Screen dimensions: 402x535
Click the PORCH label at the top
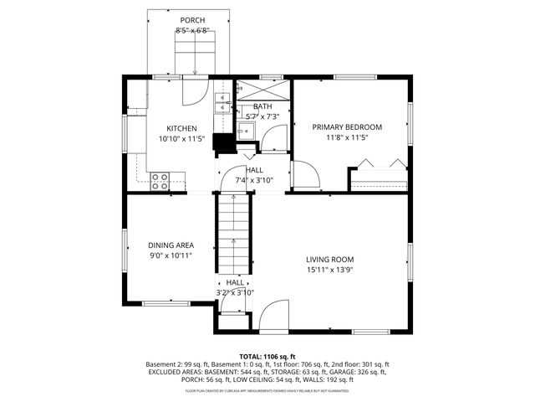click(192, 20)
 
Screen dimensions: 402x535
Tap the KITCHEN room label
click(181, 128)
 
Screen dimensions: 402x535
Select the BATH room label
click(262, 106)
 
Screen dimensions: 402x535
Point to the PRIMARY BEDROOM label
click(347, 127)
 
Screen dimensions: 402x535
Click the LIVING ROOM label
click(329, 260)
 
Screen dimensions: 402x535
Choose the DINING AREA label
click(171, 245)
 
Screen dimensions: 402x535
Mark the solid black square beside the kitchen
click(223, 142)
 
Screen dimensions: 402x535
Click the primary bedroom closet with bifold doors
click(379, 180)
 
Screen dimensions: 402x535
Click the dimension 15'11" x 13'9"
click(329, 270)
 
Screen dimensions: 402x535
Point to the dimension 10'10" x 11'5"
click(181, 139)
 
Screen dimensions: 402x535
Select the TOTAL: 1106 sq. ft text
click(268, 356)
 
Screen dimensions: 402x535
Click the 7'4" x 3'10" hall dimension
click(255, 179)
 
